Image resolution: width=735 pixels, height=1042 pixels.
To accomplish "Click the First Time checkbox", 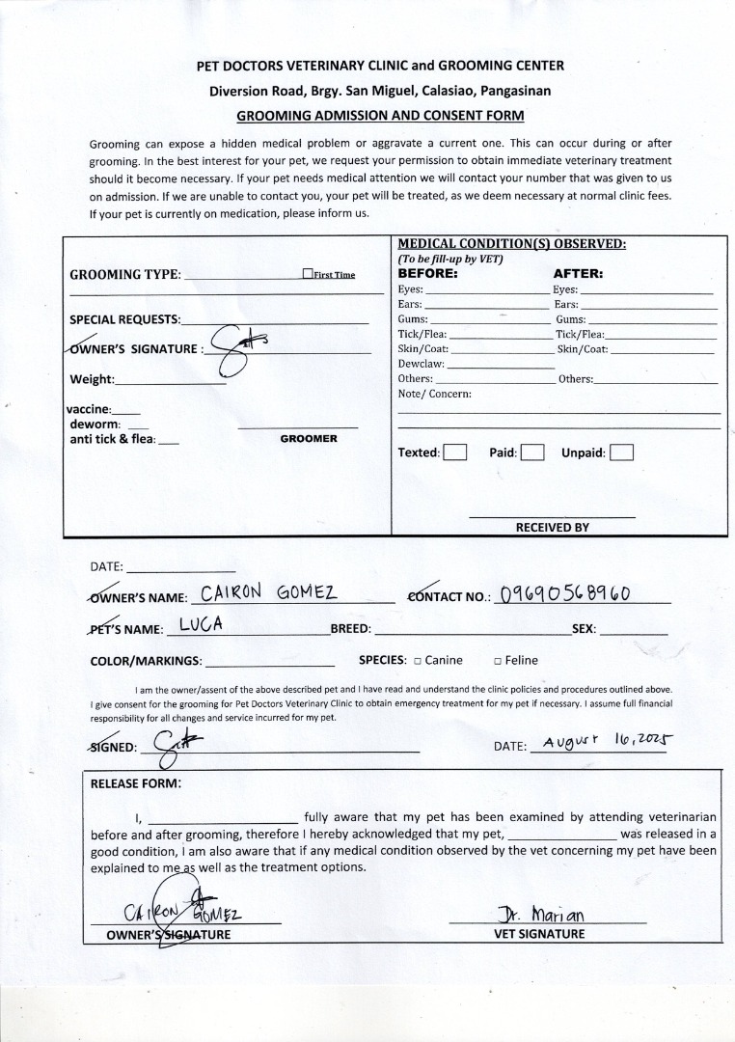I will pos(307,274).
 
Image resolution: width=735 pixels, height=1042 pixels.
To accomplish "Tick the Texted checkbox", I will pos(455,452).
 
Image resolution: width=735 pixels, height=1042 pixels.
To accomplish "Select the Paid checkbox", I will pos(532,452).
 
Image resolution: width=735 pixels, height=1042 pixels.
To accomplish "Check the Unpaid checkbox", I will pos(622,452).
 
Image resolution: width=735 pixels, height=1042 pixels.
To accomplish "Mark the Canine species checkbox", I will pos(418,661).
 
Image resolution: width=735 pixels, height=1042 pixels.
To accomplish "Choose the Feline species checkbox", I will pos(498,661).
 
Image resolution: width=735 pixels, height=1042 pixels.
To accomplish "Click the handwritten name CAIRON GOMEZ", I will pos(267,592).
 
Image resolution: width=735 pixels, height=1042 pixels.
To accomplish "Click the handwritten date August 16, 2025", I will pos(608,743).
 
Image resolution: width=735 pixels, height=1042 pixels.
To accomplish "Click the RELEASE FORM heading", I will pos(135,783).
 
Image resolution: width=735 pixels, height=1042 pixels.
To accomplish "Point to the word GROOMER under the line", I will pos(309,439).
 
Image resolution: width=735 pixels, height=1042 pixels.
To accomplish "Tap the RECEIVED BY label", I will pos(552,528).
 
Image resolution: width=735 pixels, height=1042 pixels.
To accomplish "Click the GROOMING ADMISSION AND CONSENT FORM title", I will pos(380,116).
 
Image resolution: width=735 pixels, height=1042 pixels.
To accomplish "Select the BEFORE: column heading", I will pos(427,273).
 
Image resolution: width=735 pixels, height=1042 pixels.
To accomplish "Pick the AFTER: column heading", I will pos(578,273).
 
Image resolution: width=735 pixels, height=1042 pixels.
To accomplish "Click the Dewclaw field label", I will pos(421,364).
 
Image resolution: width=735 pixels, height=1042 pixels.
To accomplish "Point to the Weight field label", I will pos(92,379).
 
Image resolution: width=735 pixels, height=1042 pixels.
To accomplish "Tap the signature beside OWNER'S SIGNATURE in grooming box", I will pos(234,347).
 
